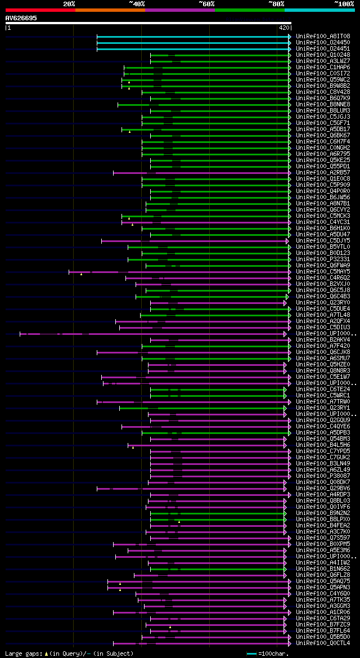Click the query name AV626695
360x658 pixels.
click(x=21, y=18)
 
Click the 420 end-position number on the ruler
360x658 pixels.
click(x=284, y=27)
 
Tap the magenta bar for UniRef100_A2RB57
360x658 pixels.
click(x=130, y=173)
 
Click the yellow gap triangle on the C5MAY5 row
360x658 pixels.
click(x=81, y=274)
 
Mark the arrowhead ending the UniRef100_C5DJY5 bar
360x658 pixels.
click(x=287, y=241)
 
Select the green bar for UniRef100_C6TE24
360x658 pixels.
click(x=217, y=390)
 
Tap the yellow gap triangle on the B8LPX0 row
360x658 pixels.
click(x=179, y=522)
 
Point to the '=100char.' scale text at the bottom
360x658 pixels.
click(x=274, y=653)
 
